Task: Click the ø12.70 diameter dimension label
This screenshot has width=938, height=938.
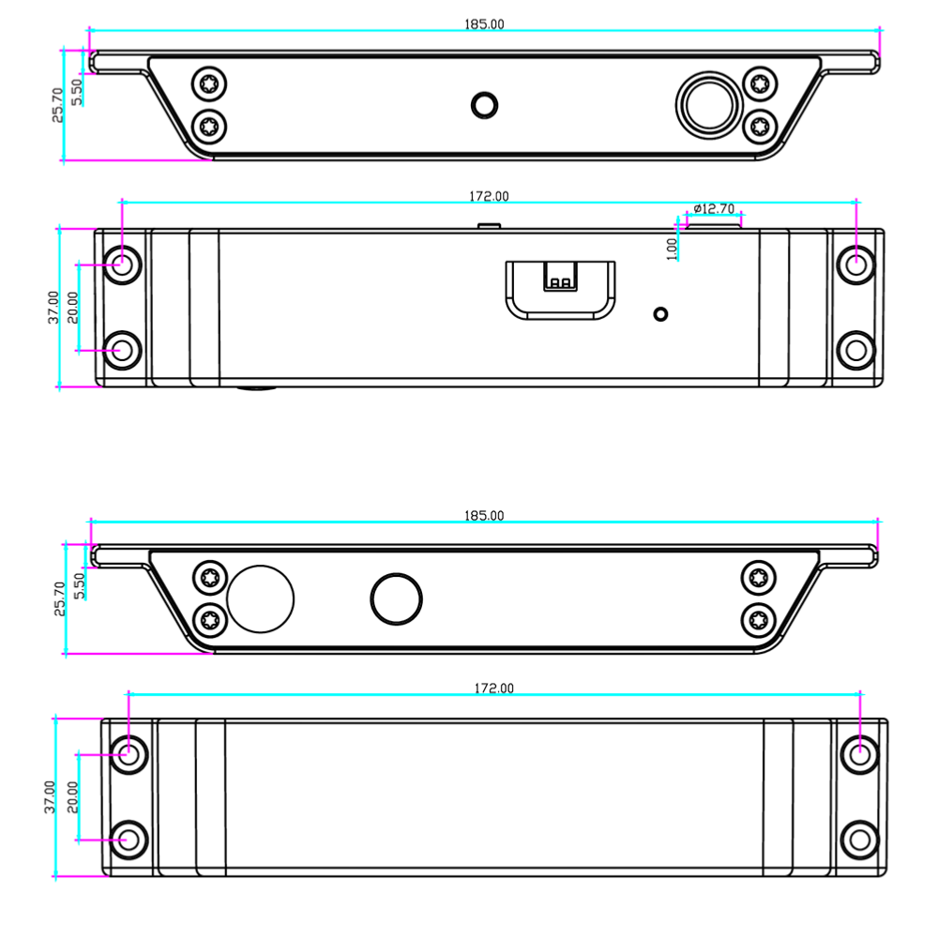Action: click(714, 209)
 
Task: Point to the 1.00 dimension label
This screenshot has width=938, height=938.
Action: click(672, 249)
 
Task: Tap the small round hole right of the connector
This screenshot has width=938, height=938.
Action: click(660, 314)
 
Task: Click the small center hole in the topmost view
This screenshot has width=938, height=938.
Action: click(485, 105)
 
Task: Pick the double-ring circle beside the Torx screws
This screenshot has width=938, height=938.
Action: click(709, 105)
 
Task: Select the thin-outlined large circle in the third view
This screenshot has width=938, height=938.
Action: click(260, 598)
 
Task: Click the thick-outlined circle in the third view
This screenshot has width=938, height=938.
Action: click(396, 598)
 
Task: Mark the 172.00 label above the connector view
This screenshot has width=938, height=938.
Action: click(489, 196)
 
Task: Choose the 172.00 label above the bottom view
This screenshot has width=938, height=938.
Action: click(493, 688)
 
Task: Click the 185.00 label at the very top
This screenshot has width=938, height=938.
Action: click(484, 24)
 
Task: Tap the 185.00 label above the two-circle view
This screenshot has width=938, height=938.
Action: click(484, 516)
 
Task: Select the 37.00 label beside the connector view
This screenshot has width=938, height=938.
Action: click(53, 308)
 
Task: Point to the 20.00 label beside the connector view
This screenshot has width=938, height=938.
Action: click(72, 308)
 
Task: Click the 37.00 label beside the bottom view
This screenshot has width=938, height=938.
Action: click(50, 796)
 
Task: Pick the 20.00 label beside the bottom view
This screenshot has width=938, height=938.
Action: click(72, 796)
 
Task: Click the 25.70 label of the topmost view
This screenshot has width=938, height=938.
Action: click(57, 105)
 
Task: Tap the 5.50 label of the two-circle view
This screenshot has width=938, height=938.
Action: click(79, 585)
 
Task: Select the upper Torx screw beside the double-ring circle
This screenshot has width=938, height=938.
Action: click(760, 83)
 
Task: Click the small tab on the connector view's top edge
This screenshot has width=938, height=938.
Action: click(489, 226)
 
